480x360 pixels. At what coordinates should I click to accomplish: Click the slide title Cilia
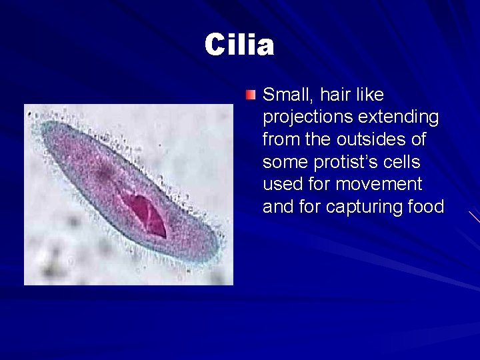[x=239, y=45]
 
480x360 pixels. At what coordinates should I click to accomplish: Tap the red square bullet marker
[x=250, y=95]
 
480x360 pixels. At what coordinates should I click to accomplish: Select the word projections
[x=308, y=118]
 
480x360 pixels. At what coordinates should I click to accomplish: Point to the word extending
[x=399, y=117]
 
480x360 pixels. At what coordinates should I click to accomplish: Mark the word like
[x=369, y=95]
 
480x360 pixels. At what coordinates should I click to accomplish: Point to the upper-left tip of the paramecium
[x=44, y=127]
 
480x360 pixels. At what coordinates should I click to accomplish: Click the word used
[x=283, y=185]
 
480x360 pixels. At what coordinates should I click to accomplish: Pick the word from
[x=279, y=140]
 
